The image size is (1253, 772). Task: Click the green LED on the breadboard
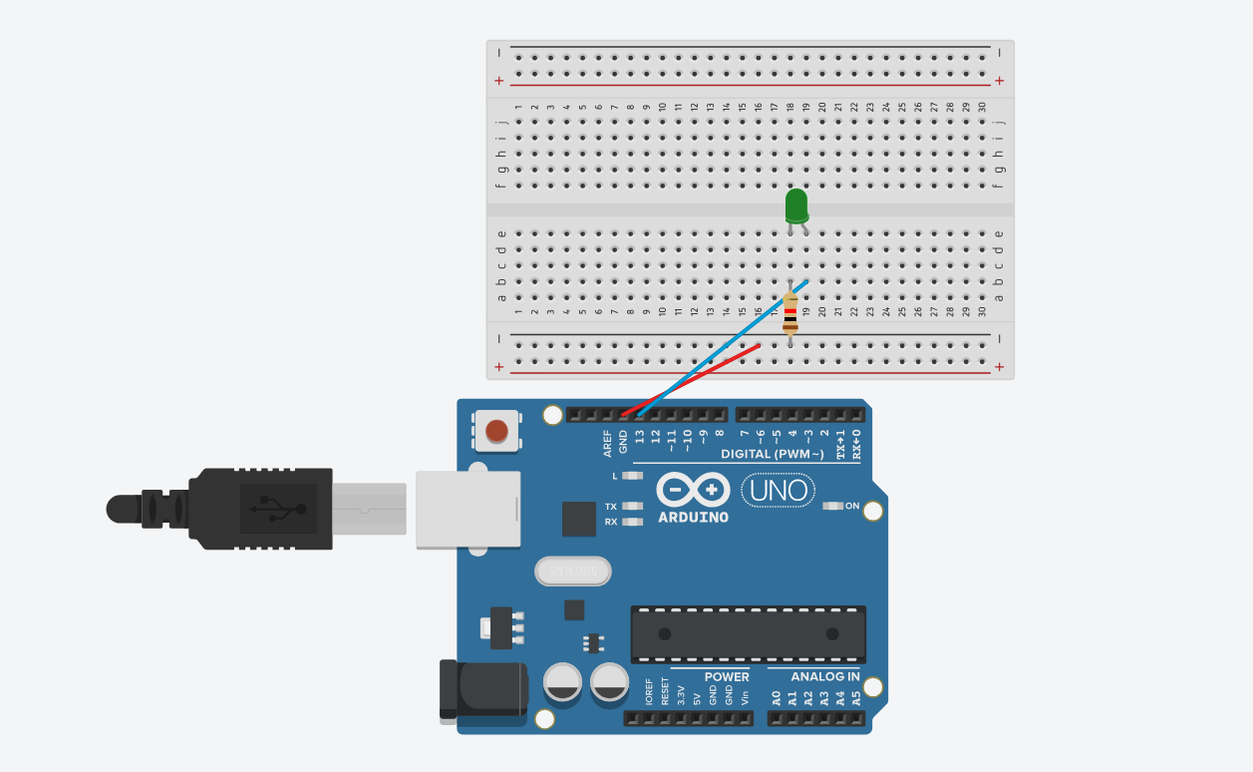[x=796, y=206]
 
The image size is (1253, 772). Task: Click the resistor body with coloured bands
[x=790, y=313]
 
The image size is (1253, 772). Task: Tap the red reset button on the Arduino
[x=495, y=432]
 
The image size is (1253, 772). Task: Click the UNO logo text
[x=778, y=490]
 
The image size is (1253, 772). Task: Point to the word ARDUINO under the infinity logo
[x=693, y=518]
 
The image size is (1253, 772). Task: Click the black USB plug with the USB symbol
[x=261, y=509]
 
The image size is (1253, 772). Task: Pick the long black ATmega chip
[x=748, y=633]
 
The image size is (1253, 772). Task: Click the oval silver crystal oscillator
[x=572, y=572]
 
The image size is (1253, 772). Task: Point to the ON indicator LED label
[x=852, y=506]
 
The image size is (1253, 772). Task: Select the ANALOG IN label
[x=825, y=677]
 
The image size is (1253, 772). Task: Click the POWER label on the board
[x=727, y=677]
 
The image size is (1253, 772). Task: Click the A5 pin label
[x=856, y=698]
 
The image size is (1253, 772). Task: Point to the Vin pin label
[x=745, y=697]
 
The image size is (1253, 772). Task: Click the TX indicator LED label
[x=610, y=507]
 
